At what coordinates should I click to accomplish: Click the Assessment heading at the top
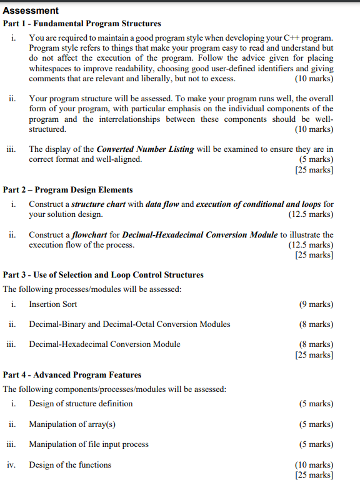31,11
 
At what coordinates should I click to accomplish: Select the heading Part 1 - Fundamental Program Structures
82,24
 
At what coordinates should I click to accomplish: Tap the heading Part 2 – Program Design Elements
67,189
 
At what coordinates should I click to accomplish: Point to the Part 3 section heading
103,274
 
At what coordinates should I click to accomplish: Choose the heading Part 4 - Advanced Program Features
72,374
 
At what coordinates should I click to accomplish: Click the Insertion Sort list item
53,304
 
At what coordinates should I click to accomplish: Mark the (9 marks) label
316,304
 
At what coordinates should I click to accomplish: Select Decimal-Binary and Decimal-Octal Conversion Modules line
129,324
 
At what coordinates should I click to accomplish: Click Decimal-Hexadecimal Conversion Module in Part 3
104,344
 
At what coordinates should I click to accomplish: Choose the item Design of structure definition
81,403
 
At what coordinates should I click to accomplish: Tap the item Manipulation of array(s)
72,424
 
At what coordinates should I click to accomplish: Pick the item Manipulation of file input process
89,444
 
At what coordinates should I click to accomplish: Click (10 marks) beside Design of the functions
314,464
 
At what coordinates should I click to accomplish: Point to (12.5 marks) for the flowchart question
311,245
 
